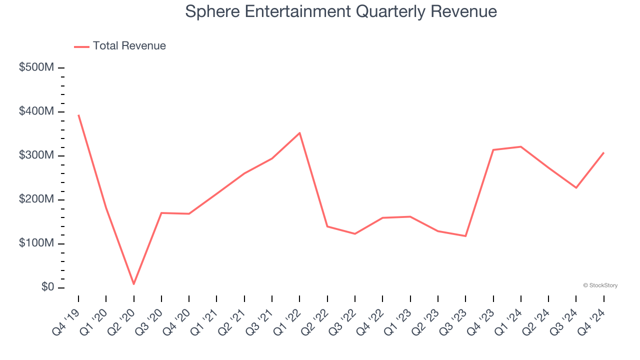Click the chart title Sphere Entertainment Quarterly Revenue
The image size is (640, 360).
[x=341, y=11]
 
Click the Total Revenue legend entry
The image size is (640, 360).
[x=120, y=46]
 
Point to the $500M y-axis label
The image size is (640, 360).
[x=36, y=67]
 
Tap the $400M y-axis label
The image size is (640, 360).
[x=36, y=111]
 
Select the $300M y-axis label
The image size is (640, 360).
[x=36, y=155]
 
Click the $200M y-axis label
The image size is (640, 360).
[x=36, y=199]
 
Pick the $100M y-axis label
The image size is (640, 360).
[x=36, y=243]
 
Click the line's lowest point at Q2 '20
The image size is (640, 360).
[x=134, y=284]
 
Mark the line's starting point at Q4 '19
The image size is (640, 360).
[x=78, y=115]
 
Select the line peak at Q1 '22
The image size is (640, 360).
[x=299, y=133]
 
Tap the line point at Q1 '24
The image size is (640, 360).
[x=521, y=146]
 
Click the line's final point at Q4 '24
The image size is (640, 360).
[x=604, y=152]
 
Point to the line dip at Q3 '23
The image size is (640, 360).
[x=465, y=236]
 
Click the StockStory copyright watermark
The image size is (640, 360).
[x=600, y=285]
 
